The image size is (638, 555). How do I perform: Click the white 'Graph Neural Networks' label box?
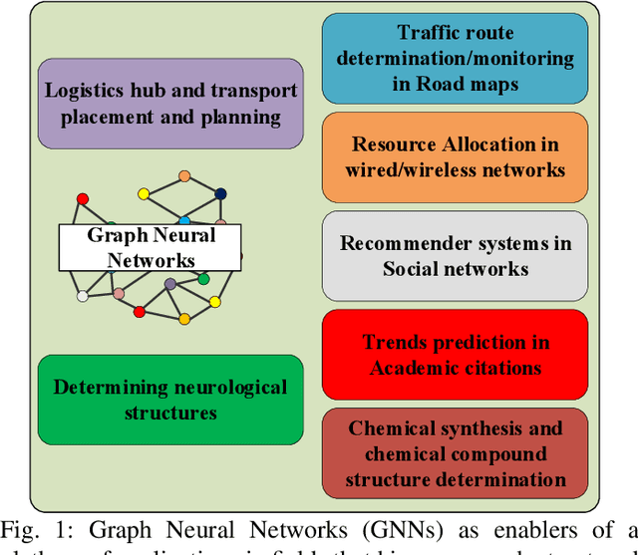[150, 247]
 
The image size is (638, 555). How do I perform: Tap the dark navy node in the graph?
[220, 194]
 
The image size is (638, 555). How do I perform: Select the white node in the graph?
[83, 296]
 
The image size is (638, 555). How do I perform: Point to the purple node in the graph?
[170, 284]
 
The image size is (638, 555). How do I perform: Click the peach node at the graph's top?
[183, 176]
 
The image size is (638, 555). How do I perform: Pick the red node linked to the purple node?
[141, 312]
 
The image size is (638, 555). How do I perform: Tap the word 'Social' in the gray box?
[416, 269]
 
